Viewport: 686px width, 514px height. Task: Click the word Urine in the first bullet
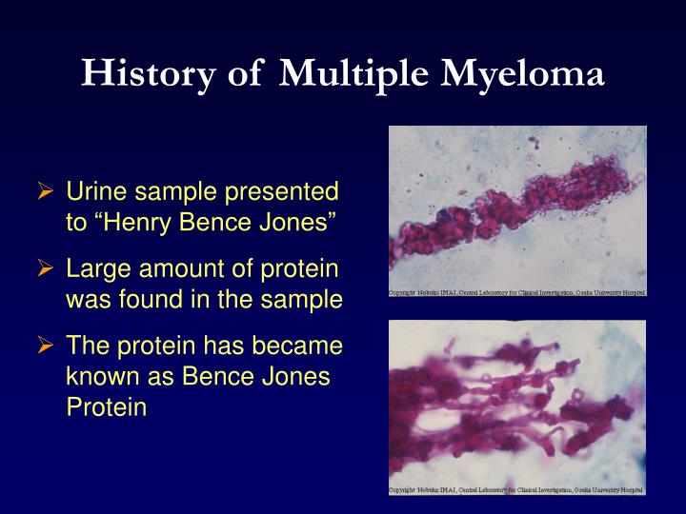pyautogui.click(x=93, y=192)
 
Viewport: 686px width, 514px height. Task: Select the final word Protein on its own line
pyautogui.click(x=106, y=408)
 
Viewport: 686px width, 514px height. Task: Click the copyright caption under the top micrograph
pyautogui.click(x=517, y=291)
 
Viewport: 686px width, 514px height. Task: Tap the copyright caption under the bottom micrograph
pyautogui.click(x=517, y=490)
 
